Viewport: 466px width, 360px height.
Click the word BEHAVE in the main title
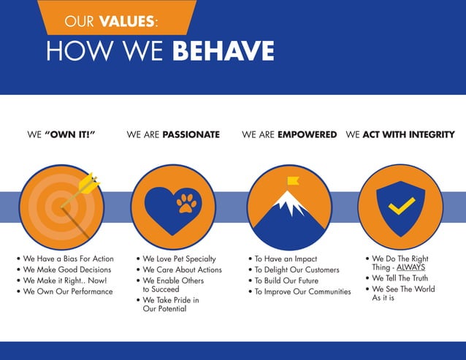click(223, 50)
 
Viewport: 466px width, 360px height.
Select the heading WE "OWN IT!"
click(61, 135)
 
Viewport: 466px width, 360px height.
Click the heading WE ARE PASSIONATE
click(173, 135)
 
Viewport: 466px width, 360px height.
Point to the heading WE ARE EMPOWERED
click(289, 135)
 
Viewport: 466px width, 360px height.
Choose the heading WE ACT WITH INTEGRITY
click(400, 135)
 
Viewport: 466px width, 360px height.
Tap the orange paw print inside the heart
click(187, 202)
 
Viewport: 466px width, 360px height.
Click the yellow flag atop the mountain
click(293, 180)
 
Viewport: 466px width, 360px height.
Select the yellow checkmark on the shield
click(401, 207)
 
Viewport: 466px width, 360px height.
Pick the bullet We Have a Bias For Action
click(68, 259)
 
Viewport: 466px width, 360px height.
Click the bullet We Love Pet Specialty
click(179, 259)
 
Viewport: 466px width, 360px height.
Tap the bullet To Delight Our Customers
click(297, 270)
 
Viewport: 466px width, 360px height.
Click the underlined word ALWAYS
click(411, 267)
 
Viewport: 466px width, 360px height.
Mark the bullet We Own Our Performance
click(68, 291)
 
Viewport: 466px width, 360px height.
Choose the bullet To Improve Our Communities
click(302, 291)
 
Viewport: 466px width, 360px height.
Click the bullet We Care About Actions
click(182, 270)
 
